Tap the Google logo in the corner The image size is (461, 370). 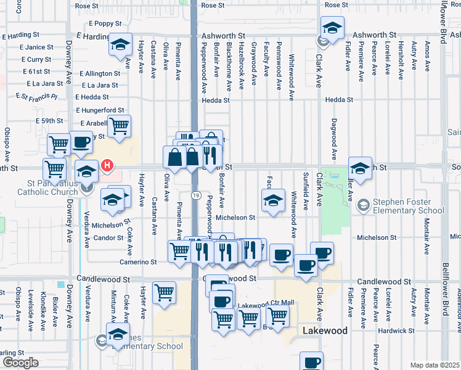tap(20, 363)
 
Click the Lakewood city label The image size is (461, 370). tap(325, 331)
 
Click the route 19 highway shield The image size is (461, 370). tap(195, 195)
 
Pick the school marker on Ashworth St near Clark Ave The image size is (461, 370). tap(332, 28)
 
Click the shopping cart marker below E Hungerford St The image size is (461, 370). tap(119, 126)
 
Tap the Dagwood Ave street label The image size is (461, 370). tap(333, 139)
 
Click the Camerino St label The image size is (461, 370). tap(138, 262)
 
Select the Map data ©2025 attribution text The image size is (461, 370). tap(434, 365)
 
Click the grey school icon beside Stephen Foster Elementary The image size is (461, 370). tap(364, 204)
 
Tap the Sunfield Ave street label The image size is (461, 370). tap(306, 191)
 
